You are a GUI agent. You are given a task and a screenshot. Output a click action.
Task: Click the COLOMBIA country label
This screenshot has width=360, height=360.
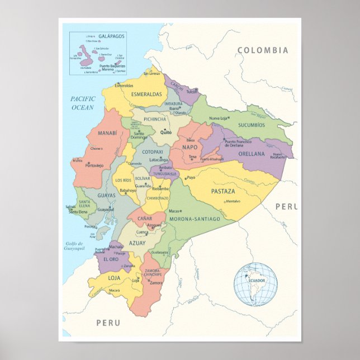(x=263, y=50)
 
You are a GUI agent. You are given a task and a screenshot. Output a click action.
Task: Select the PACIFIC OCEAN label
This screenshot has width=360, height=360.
(x=83, y=103)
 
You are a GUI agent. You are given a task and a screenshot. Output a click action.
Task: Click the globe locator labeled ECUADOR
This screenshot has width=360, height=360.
(x=255, y=284)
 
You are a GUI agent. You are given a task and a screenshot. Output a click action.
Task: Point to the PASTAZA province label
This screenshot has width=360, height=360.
(x=222, y=191)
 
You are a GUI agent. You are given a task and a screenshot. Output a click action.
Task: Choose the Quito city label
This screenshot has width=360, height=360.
(x=166, y=132)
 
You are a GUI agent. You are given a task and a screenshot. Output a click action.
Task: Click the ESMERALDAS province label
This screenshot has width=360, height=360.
(x=146, y=94)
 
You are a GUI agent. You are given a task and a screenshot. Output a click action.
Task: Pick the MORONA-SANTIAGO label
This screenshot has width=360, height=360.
(x=195, y=219)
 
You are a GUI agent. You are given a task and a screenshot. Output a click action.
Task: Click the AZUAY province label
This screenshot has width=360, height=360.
(x=138, y=243)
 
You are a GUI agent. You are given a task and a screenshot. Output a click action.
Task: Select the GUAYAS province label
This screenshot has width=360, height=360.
(x=106, y=196)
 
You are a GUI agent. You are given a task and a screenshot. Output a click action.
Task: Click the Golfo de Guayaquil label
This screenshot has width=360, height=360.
(x=73, y=246)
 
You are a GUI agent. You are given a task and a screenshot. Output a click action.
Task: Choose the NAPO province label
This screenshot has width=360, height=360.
(x=190, y=146)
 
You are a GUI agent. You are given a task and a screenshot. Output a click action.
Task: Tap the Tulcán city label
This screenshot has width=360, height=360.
(x=192, y=91)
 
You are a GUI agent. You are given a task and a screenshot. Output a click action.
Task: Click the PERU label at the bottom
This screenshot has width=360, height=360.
(x=108, y=323)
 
